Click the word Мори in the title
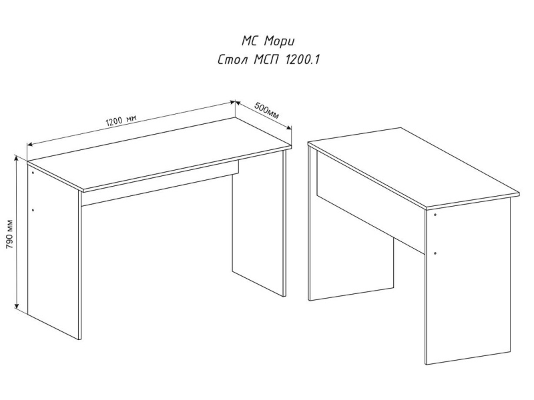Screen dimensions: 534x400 279,42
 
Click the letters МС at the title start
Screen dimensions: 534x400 251,41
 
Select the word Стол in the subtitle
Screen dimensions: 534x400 232,60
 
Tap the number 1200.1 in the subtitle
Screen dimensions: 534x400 302,60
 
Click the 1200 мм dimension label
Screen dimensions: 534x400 121,121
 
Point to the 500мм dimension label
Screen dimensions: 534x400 266,111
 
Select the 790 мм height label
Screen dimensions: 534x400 9,234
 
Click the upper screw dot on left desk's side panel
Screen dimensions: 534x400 33,173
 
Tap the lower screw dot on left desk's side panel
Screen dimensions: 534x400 33,210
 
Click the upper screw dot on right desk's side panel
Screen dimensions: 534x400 436,215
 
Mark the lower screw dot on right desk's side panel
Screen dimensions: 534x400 436,253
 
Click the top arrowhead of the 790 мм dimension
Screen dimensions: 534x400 15,158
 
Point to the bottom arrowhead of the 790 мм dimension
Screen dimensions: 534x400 16,306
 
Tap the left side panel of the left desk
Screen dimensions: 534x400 54,252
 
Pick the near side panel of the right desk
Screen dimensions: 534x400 469,281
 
